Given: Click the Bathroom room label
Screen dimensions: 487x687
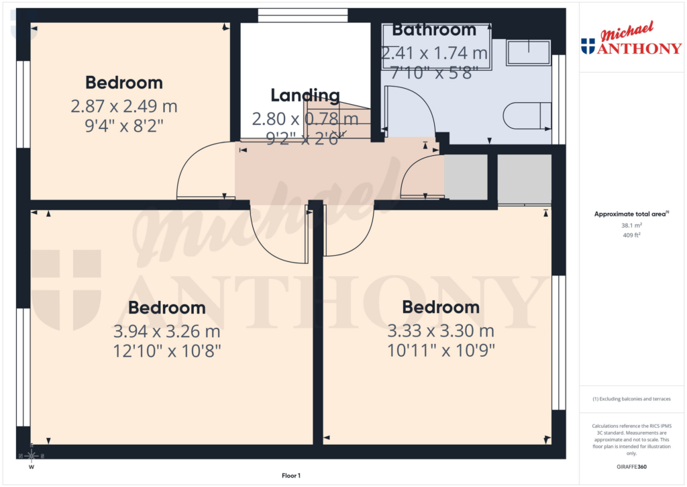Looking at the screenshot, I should point(434,30).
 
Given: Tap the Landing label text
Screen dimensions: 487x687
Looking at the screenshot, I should point(305,95).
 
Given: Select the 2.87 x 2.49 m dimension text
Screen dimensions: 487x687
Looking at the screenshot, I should point(124,106).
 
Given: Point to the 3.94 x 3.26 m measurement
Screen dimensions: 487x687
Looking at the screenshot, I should point(167,331).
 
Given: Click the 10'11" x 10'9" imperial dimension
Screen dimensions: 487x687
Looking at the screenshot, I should point(441,350).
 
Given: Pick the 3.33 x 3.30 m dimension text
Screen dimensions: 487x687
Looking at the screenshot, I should point(441,331).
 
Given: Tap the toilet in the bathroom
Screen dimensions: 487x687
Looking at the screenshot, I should point(527,116).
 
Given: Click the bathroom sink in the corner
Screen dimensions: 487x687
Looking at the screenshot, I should point(528,52).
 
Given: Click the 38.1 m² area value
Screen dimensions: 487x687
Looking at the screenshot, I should point(631,226).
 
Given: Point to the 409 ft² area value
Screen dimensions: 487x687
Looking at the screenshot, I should point(631,235).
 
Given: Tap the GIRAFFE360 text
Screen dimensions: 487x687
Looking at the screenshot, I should point(631,467).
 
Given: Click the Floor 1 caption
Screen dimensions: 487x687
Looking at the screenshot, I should point(291,476).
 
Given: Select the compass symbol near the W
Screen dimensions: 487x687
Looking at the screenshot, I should point(31,455).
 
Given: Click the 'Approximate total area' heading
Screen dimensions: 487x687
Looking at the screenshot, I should point(630,214).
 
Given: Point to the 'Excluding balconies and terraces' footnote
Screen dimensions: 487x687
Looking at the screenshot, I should point(631,399).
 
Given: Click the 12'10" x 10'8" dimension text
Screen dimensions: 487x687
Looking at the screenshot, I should point(167,350).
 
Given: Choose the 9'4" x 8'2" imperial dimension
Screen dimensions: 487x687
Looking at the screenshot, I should point(124,125).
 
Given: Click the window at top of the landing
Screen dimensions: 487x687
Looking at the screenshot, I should point(303,15).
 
